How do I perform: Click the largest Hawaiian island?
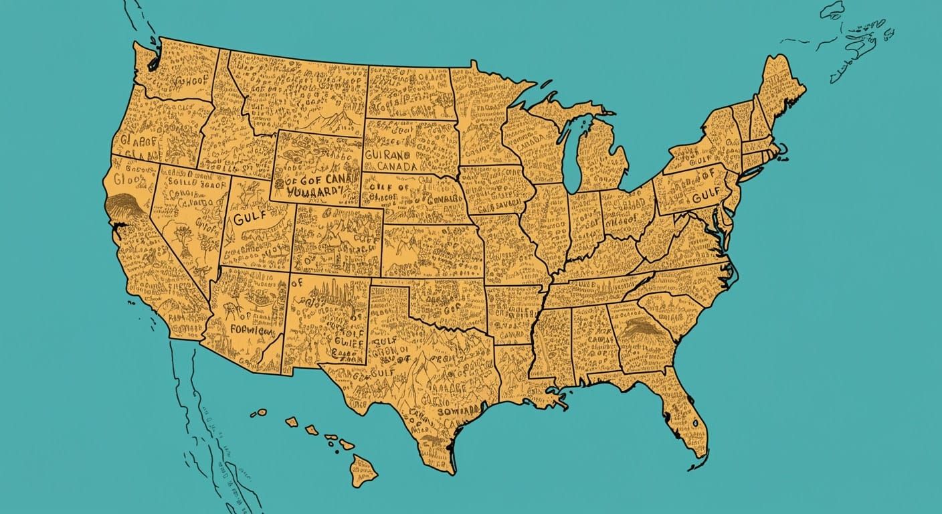365,470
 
